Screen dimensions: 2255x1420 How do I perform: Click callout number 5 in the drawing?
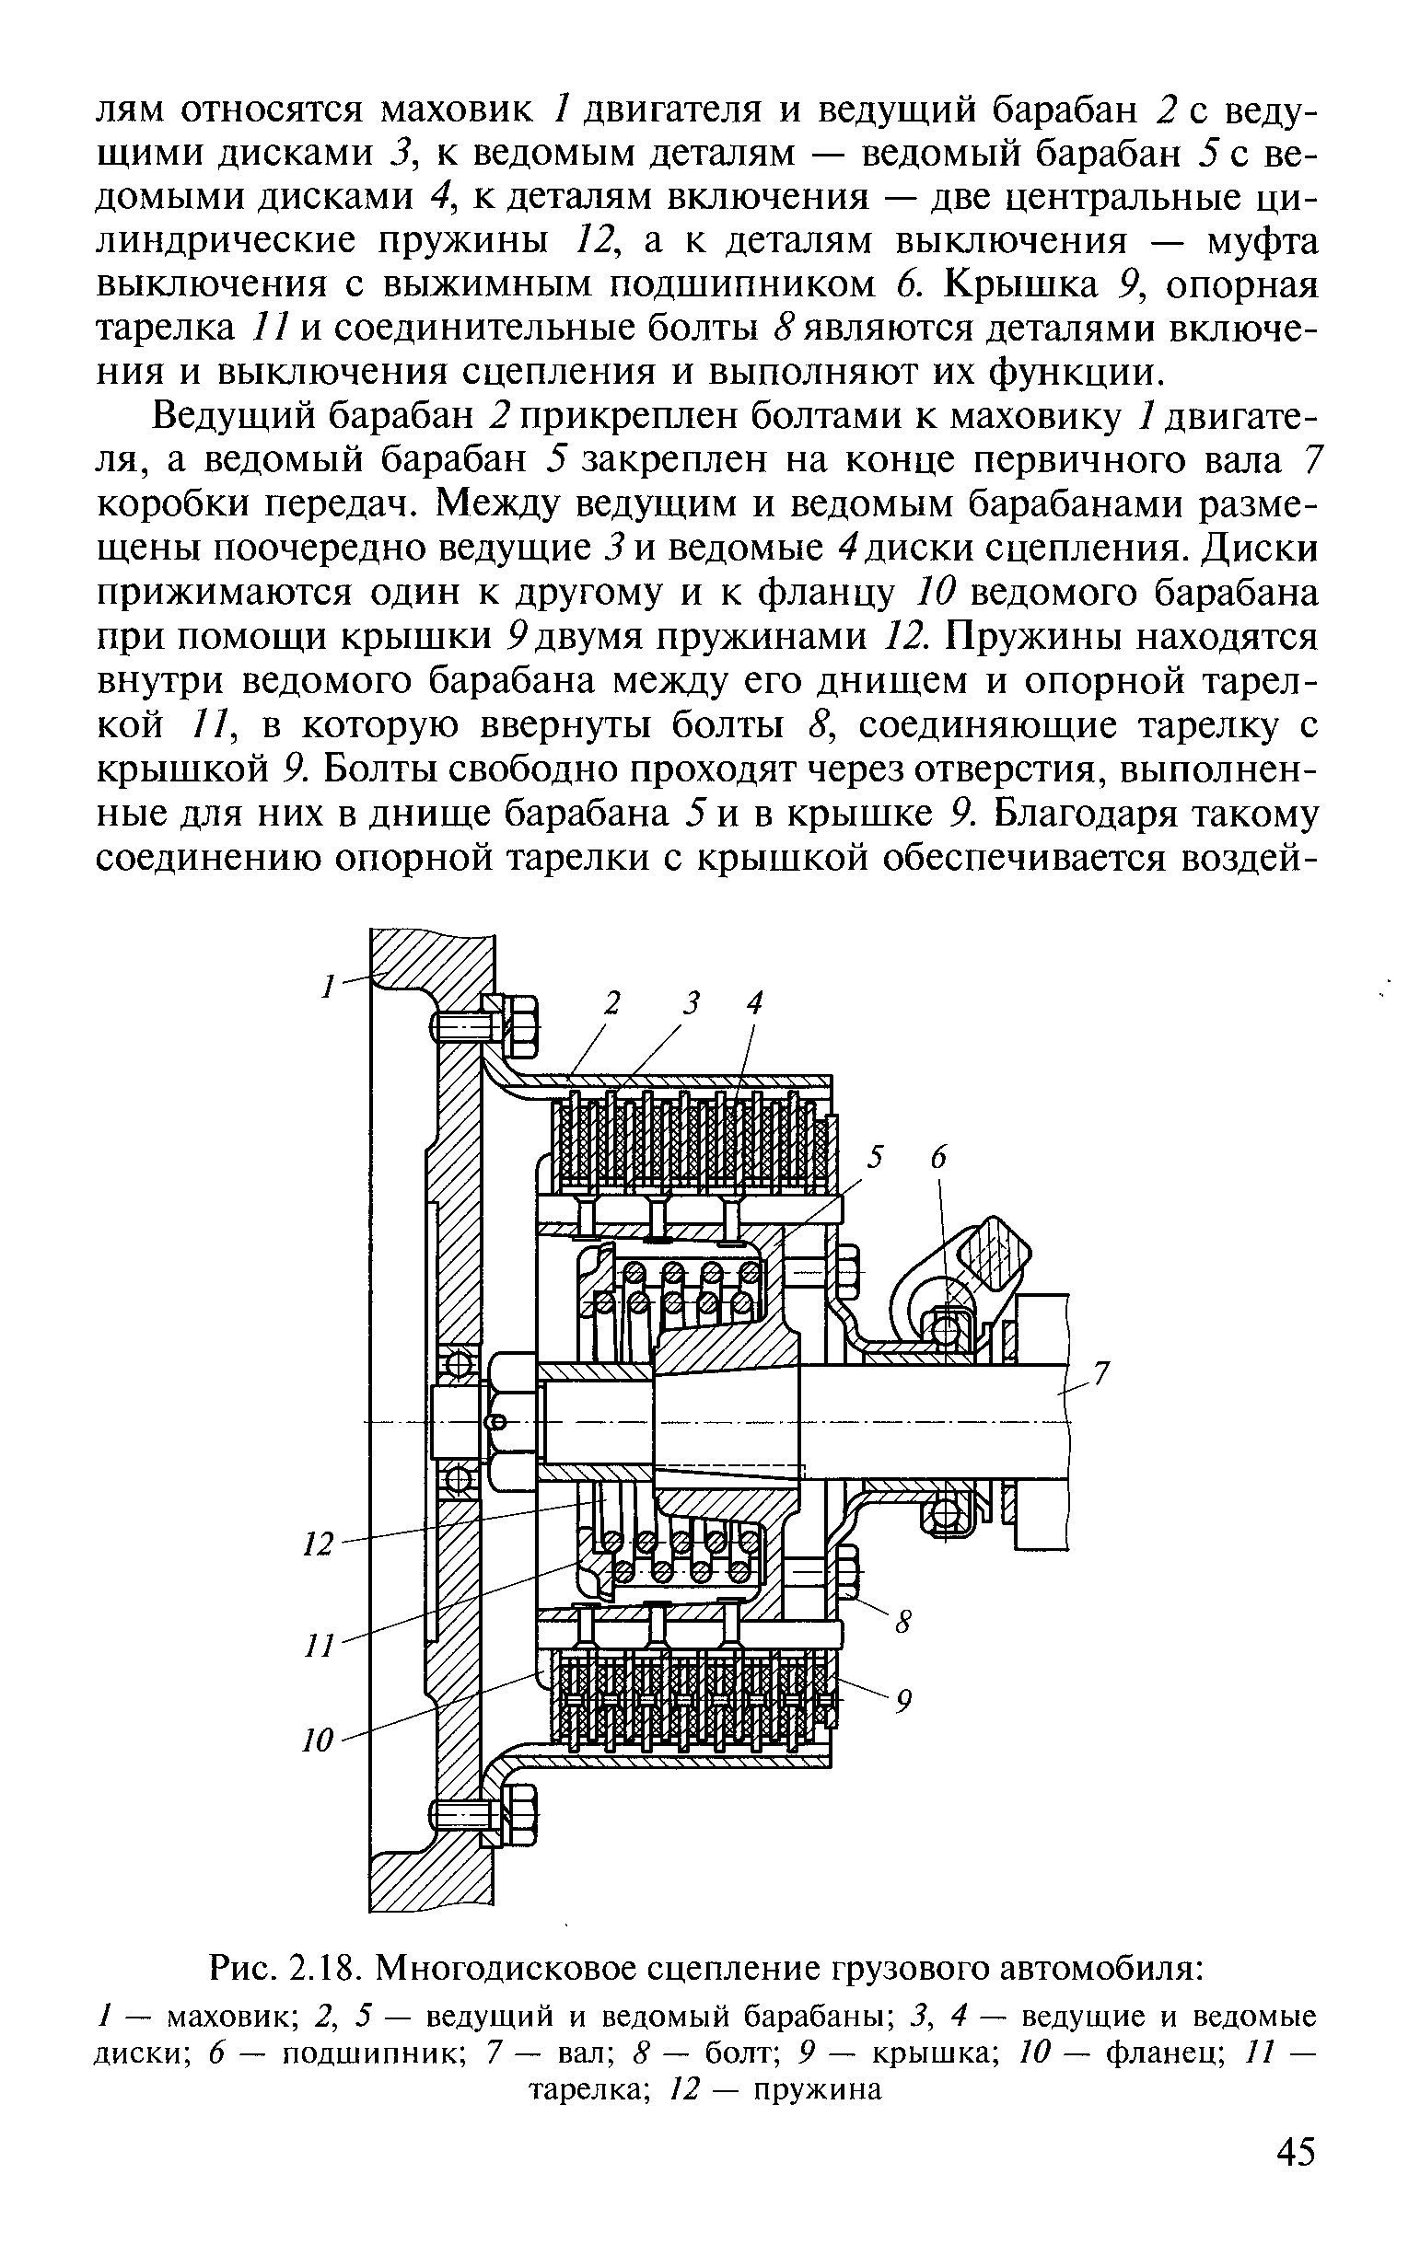[875, 1159]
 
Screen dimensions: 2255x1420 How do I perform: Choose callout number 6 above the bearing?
[938, 1159]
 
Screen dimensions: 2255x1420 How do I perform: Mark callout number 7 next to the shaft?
[1101, 1375]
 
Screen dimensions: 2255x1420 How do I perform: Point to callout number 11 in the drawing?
[320, 1647]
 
